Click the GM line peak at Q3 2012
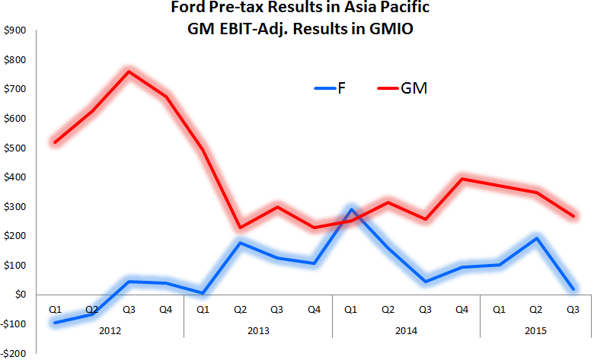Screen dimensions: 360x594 tap(129, 72)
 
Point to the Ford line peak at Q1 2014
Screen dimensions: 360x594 tap(350, 209)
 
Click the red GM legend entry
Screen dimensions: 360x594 tap(402, 88)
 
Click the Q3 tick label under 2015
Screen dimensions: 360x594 tap(572, 309)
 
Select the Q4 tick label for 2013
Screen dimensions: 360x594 tap(314, 309)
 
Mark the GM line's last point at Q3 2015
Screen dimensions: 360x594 tap(572, 215)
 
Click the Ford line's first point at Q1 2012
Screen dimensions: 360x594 tap(55, 322)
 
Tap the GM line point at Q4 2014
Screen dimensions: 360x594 tap(461, 179)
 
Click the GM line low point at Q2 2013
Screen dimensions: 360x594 tap(240, 227)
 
